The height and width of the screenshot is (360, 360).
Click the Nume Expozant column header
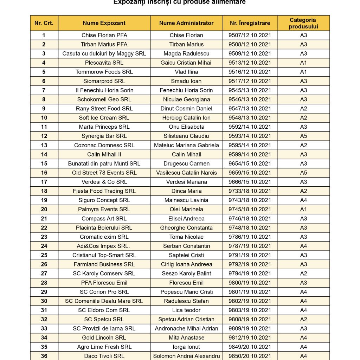[x=104, y=23]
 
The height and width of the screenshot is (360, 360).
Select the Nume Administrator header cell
[x=186, y=23]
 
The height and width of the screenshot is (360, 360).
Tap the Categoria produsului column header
[x=303, y=23]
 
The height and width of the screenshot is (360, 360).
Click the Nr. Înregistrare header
[x=250, y=23]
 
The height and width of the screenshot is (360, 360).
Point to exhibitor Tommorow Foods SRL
[x=104, y=72]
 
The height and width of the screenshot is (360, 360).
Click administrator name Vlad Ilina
[x=186, y=72]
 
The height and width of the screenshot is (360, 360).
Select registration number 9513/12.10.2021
[x=250, y=63]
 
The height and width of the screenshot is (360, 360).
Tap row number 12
[x=44, y=136]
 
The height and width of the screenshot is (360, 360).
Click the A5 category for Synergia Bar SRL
[x=303, y=136]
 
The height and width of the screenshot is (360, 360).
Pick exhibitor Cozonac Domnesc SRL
[x=104, y=145]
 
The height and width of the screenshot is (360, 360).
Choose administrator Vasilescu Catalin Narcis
[x=186, y=173]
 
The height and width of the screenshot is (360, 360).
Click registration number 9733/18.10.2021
[x=250, y=191]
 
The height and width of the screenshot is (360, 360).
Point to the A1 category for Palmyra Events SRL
[x=303, y=209]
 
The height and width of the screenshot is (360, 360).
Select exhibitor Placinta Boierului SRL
[x=104, y=227]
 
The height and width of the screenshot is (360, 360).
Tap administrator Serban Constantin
[x=186, y=246]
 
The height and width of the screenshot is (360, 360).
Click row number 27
[x=44, y=274]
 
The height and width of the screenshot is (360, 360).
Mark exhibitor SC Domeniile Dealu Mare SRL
[x=104, y=301]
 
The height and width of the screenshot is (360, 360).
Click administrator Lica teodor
[x=186, y=310]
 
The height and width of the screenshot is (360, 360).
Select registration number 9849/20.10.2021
[x=250, y=347]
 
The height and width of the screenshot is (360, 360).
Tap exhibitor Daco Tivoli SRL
[x=104, y=356]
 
